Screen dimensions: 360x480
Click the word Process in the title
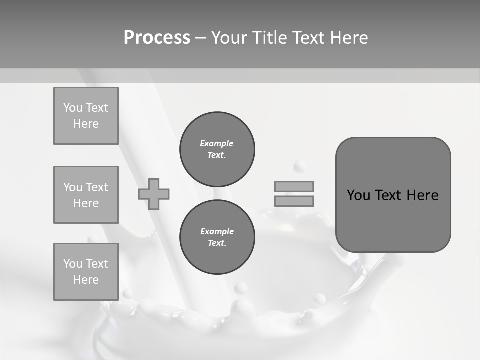pyautogui.click(x=157, y=38)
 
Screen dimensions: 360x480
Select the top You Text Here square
pyautogui.click(x=86, y=116)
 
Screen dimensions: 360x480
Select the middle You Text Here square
pyautogui.click(x=86, y=195)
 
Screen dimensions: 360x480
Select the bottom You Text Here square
pyautogui.click(x=86, y=272)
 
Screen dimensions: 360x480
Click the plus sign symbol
pyautogui.click(x=154, y=194)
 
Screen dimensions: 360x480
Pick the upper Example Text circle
pyautogui.click(x=217, y=149)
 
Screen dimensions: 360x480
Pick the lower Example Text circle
pyautogui.click(x=217, y=237)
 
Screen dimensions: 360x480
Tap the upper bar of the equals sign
pyautogui.click(x=294, y=186)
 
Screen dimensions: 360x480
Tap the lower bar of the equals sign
pyautogui.click(x=294, y=201)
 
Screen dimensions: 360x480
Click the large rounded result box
pyautogui.click(x=393, y=220)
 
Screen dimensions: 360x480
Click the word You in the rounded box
pyautogui.click(x=358, y=195)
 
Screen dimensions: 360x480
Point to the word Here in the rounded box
pyautogui.click(x=422, y=195)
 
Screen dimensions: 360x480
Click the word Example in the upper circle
pyautogui.click(x=217, y=143)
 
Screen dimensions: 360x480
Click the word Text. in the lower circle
pyautogui.click(x=217, y=243)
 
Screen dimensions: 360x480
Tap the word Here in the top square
pyautogui.click(x=86, y=124)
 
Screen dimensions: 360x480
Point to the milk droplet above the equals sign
pyautogui.click(x=300, y=165)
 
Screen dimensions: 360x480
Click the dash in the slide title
pyautogui.click(x=201, y=38)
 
